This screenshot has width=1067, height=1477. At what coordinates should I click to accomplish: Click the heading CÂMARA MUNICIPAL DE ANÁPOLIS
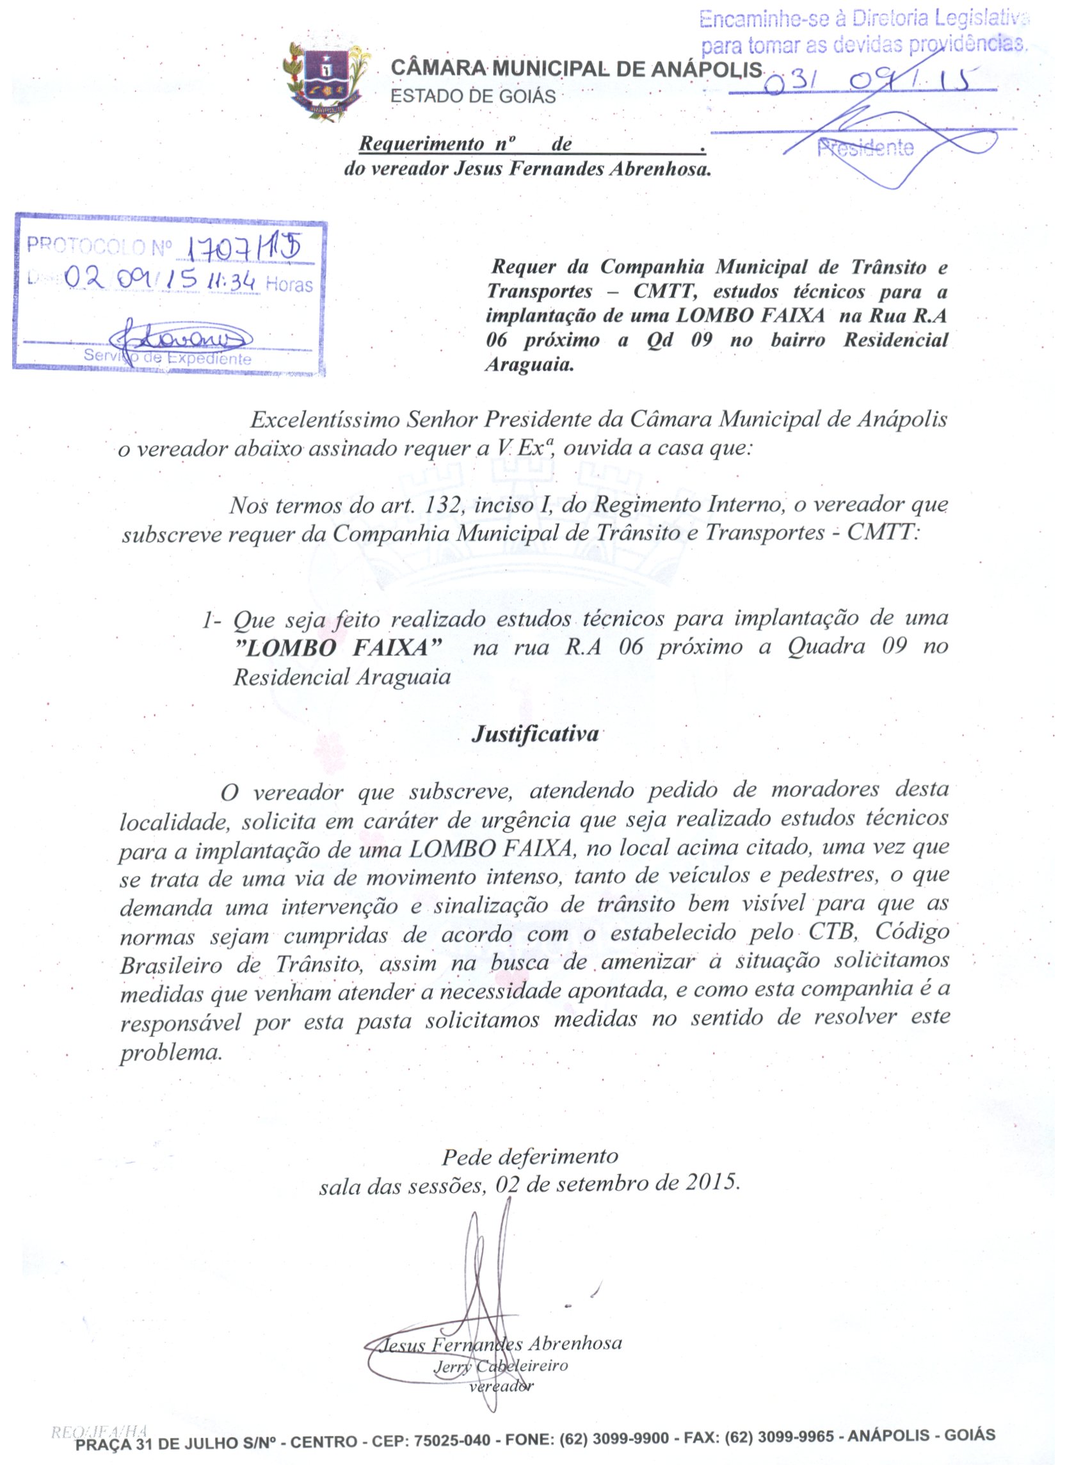576,69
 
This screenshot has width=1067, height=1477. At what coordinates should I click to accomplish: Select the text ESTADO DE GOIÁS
472,97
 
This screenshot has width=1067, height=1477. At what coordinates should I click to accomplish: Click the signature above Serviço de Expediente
179,337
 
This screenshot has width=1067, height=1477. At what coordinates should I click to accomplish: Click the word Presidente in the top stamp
866,149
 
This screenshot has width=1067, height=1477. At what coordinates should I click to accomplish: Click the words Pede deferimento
530,1158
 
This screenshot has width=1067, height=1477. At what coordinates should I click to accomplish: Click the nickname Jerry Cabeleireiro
501,1366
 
